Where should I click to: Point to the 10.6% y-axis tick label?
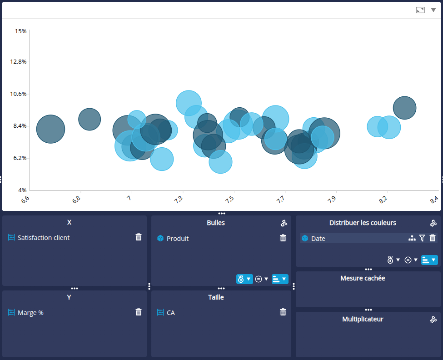(x=19, y=94)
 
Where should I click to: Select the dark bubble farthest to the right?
(x=404, y=108)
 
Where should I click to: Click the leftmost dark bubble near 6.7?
(x=50, y=129)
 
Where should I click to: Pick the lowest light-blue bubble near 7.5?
(x=220, y=162)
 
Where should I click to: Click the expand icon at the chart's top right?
(x=420, y=10)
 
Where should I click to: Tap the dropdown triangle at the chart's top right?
(x=433, y=10)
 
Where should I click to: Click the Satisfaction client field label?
(x=44, y=238)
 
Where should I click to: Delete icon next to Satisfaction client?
(x=139, y=237)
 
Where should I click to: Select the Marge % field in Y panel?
(x=30, y=313)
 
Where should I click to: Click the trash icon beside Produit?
(x=283, y=238)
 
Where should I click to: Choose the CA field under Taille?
(x=171, y=313)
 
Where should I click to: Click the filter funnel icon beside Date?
(x=422, y=238)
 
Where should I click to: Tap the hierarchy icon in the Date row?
(x=412, y=238)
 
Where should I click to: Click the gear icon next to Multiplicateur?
(x=433, y=320)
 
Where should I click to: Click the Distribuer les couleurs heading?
(x=363, y=223)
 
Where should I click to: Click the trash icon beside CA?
(x=283, y=312)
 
